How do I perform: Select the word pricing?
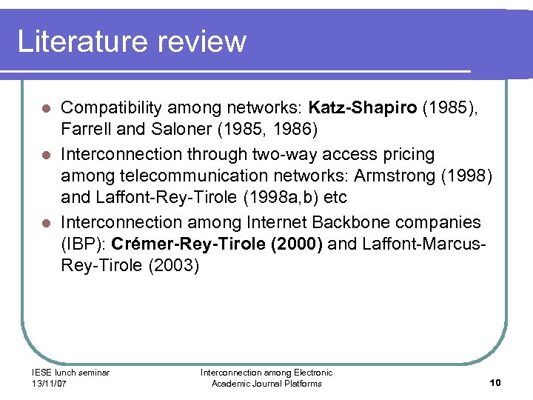point(407,154)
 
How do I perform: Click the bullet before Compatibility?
point(45,110)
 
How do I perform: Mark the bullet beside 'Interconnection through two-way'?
point(45,155)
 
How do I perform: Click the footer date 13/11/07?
point(50,383)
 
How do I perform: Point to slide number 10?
point(495,382)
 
